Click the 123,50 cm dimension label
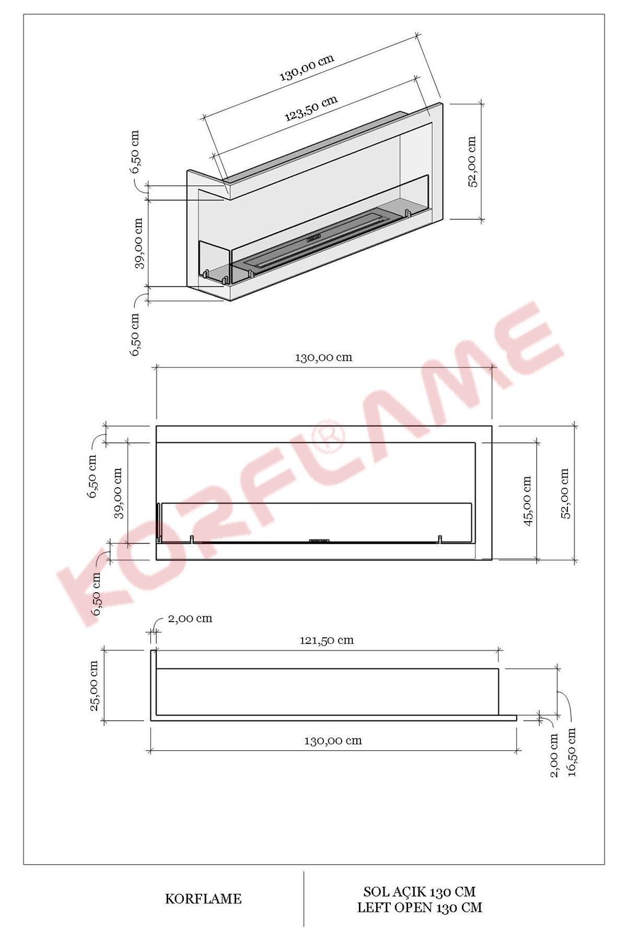(x=311, y=108)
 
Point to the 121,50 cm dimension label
(x=327, y=640)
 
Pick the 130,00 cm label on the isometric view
(x=307, y=67)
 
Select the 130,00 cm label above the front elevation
(x=324, y=358)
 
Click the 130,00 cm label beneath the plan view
(x=333, y=741)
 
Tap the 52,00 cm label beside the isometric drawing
(x=472, y=162)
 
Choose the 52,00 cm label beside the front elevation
(x=565, y=494)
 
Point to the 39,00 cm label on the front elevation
(x=118, y=493)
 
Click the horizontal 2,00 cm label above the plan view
(x=190, y=619)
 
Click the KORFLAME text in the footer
(x=203, y=899)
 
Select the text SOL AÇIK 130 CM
(x=420, y=891)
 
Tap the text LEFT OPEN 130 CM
(x=420, y=908)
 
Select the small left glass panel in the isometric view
(x=214, y=261)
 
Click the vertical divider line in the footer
(x=304, y=898)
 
